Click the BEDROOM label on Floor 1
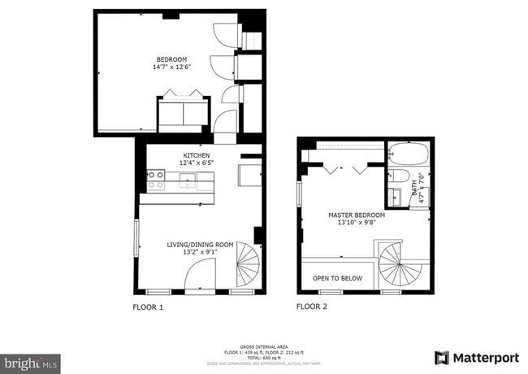[x=171, y=59]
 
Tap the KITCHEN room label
[x=196, y=155]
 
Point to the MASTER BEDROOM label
[x=356, y=215]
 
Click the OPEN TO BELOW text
[x=337, y=278]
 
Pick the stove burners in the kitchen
[x=154, y=180]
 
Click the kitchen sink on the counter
[x=188, y=180]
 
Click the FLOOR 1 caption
[x=148, y=307]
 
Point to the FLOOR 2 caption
[x=311, y=307]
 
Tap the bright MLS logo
[x=30, y=362]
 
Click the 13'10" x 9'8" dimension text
[x=356, y=224]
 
